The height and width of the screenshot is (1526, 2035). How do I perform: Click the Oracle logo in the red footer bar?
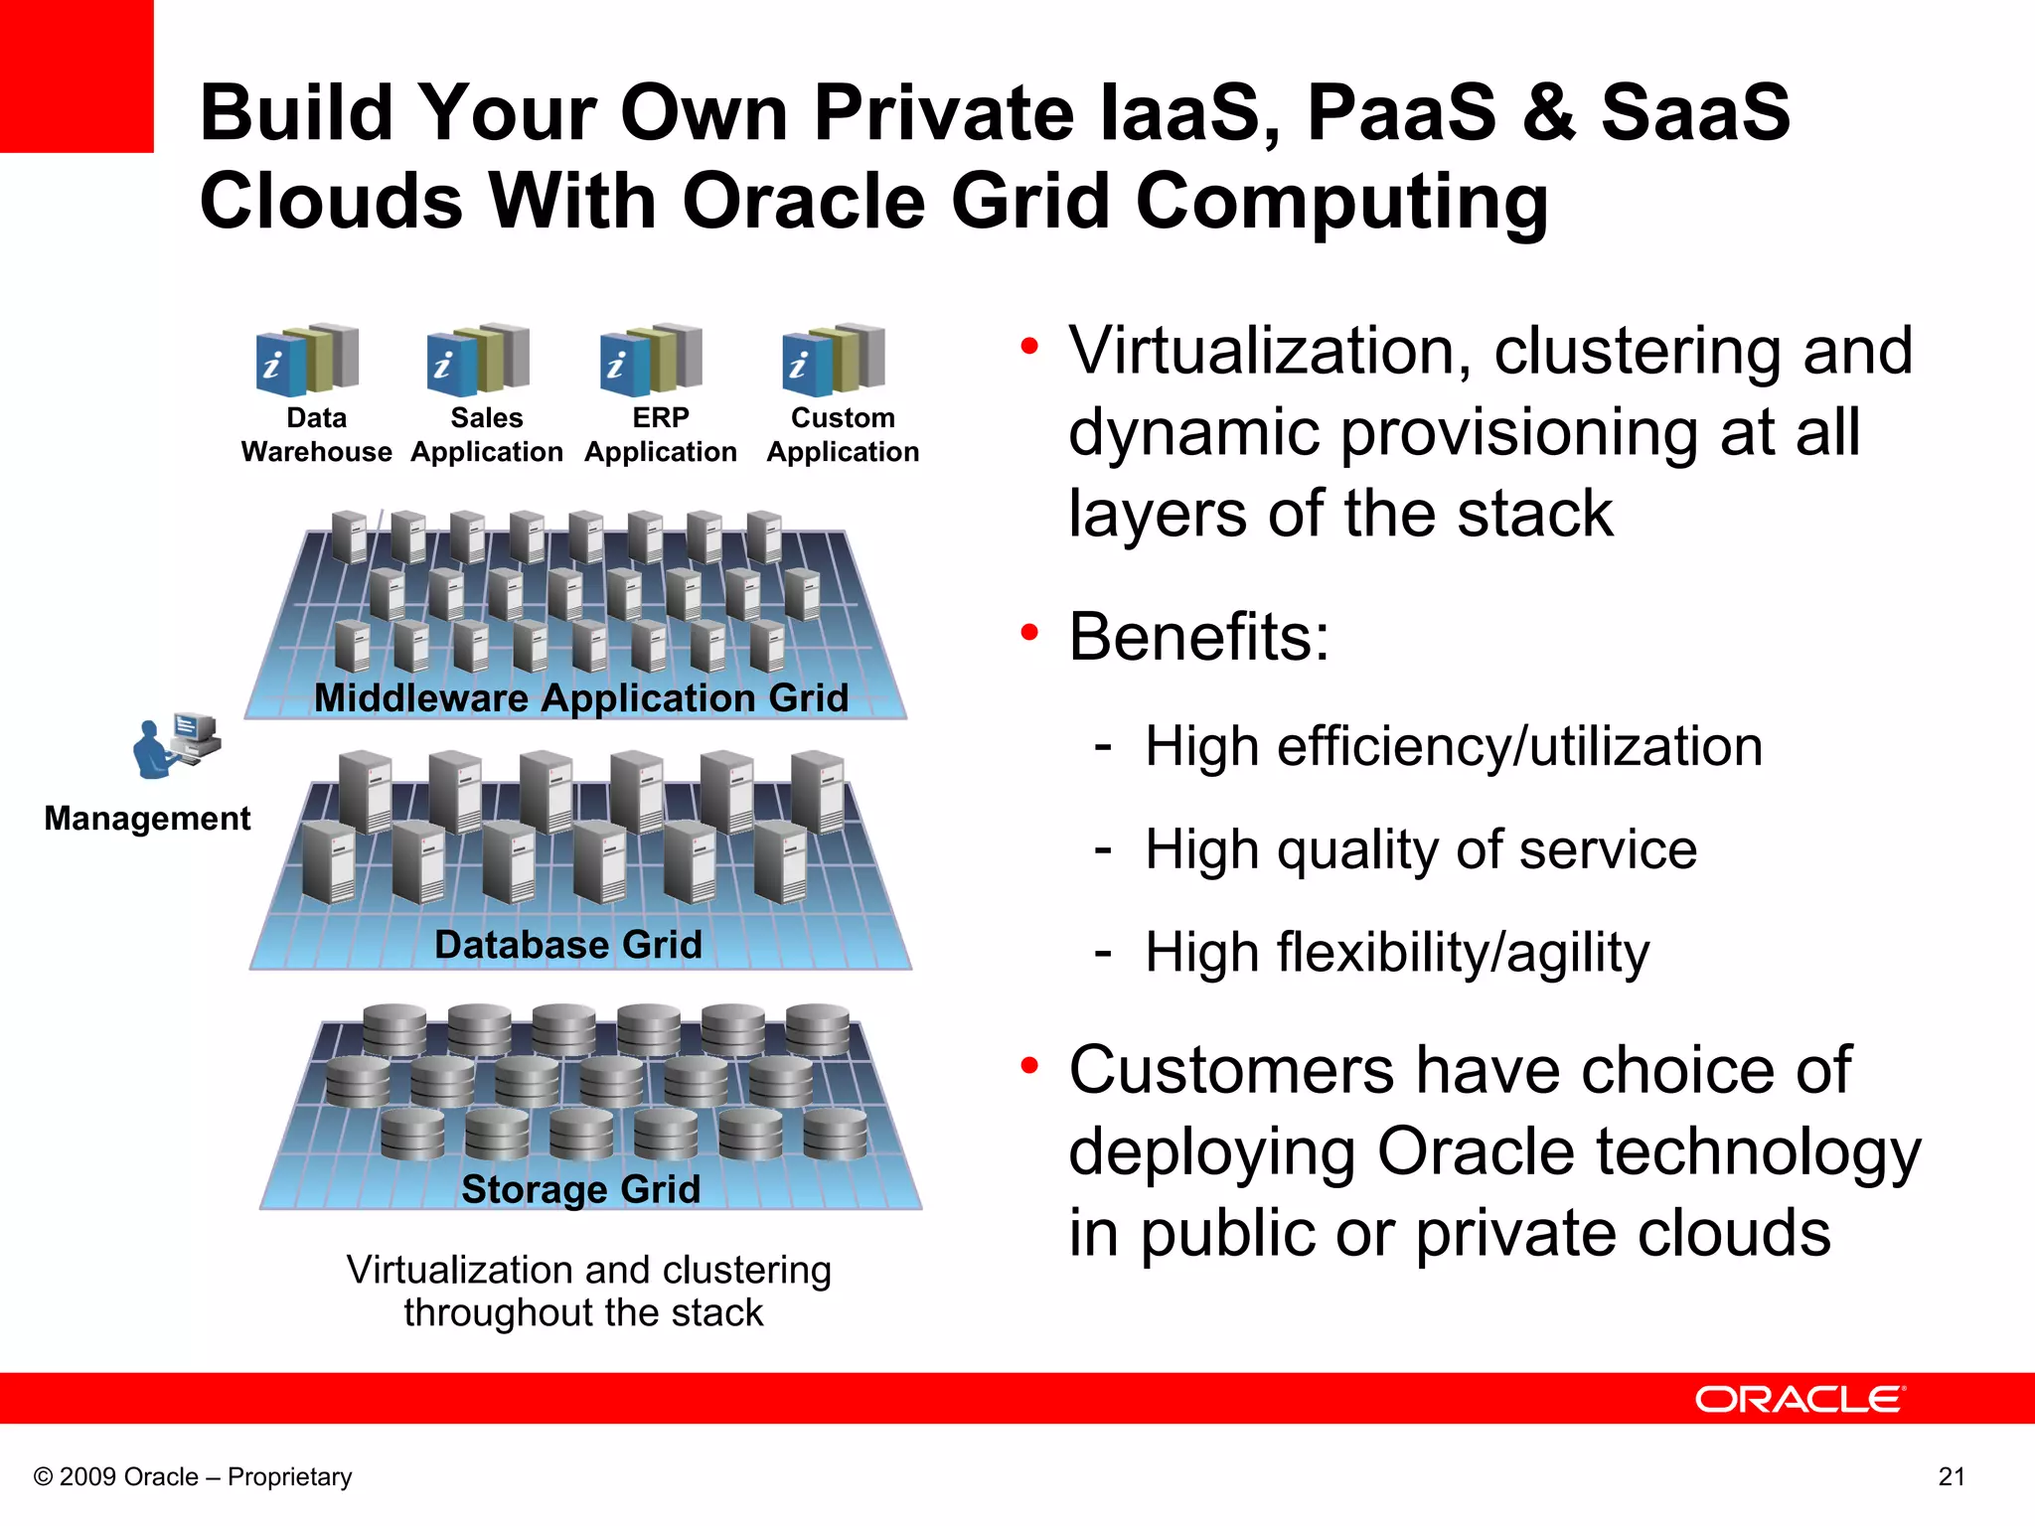coord(1800,1399)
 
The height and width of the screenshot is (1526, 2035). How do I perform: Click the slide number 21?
coord(1952,1476)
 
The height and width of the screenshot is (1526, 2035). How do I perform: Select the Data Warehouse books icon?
coord(307,360)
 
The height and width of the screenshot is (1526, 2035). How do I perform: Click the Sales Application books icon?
coord(479,360)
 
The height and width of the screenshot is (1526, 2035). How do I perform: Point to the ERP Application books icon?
coord(652,360)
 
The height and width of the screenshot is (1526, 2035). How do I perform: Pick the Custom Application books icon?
coord(834,360)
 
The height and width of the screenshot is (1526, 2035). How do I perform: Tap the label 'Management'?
coord(147,818)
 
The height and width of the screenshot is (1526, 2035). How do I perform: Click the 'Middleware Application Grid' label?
coord(581,697)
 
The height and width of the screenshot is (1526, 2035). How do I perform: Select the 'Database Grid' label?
coord(568,944)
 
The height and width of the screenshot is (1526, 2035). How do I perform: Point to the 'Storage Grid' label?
coord(581,1188)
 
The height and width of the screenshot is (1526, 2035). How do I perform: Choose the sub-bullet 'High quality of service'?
coord(1421,849)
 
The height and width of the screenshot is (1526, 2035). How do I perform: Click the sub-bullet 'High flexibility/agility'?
coord(1397,953)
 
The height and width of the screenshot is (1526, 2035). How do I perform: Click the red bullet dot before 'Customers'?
coord(1029,1065)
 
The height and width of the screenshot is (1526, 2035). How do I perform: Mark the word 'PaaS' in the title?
coord(1401,112)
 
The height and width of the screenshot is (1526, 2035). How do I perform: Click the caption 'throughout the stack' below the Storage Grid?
coord(583,1312)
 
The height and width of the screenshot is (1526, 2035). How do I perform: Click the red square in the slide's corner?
coord(77,76)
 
